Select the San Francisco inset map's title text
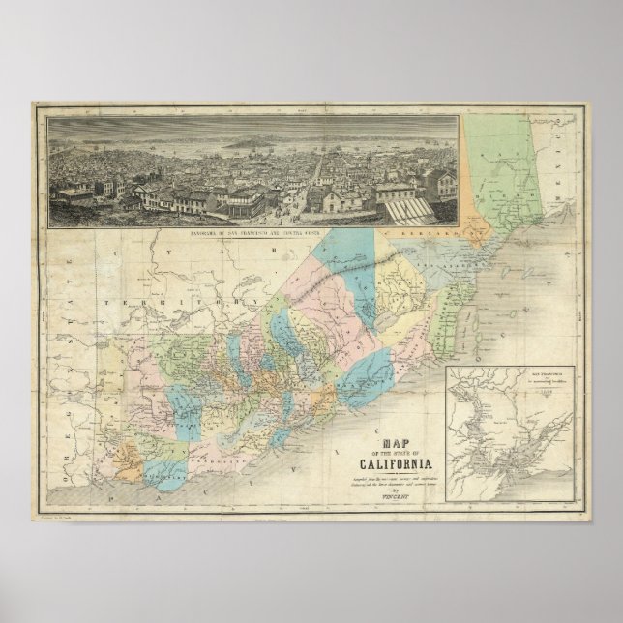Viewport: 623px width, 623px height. pos(523,376)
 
